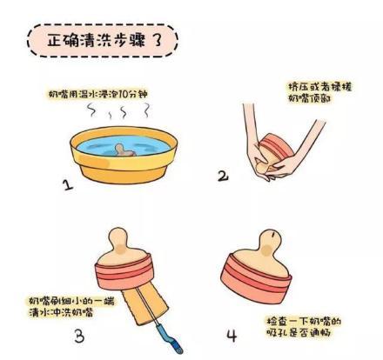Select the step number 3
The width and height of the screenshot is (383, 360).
point(79,335)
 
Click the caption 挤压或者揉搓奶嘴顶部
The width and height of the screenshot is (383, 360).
point(317,93)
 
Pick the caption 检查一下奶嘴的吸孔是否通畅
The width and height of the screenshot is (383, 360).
point(302,327)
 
